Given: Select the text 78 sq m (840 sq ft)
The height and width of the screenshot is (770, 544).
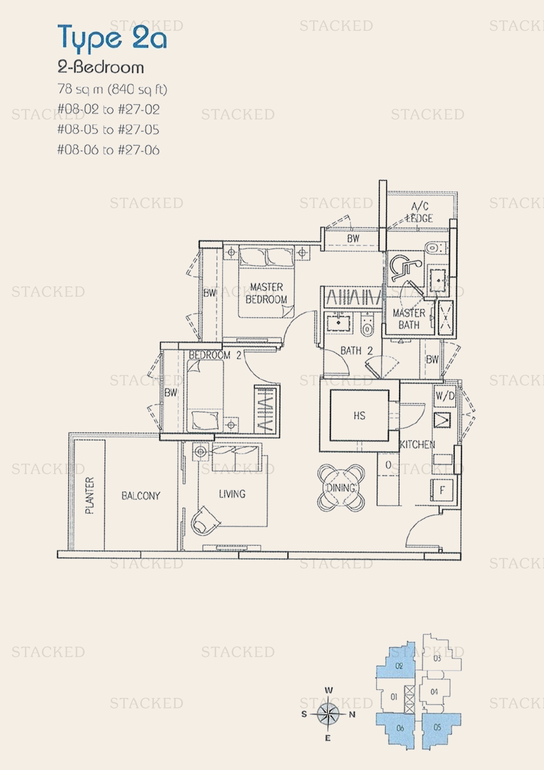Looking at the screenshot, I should tap(112, 89).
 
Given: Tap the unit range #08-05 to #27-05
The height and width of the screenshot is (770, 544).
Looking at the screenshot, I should tap(108, 129).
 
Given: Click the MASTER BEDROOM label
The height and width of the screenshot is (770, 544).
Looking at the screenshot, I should tap(266, 293).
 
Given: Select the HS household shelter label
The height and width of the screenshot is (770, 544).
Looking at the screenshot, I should tap(359, 416).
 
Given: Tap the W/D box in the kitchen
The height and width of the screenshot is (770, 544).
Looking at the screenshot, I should tap(445, 396).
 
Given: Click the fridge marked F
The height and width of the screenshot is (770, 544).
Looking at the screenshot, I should tap(442, 490).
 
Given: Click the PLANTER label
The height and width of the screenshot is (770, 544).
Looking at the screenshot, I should tap(89, 495).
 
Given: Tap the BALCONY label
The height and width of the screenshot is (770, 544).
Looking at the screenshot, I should tap(141, 496).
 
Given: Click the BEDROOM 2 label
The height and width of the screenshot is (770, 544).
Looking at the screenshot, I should tap(215, 355).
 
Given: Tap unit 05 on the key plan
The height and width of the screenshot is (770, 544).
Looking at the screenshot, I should tap(437, 728).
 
